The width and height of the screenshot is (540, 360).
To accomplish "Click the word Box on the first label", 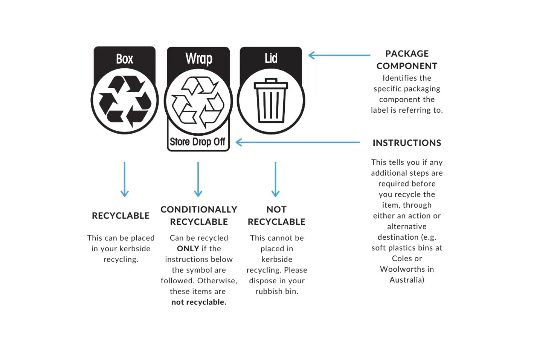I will (125, 59).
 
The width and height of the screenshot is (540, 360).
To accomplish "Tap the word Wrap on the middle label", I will (199, 58).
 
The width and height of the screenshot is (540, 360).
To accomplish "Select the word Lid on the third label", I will (271, 58).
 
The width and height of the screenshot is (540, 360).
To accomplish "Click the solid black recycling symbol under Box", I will (125, 101).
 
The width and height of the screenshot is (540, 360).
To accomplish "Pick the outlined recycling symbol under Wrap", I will (198, 102).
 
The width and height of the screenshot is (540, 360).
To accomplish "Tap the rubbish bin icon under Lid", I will (271, 100).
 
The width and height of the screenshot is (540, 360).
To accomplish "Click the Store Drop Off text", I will (198, 142).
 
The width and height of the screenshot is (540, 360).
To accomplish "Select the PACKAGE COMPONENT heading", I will (407, 60).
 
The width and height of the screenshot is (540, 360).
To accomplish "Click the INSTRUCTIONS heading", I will (407, 143).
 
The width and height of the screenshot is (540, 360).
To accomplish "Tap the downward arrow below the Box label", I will (125, 179).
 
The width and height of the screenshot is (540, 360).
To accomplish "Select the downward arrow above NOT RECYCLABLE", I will (275, 179).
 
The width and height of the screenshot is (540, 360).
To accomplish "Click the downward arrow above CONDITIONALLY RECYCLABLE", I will (198, 179).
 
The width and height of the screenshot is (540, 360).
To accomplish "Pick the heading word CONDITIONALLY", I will (199, 210).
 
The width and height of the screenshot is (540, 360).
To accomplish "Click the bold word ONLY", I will (188, 248).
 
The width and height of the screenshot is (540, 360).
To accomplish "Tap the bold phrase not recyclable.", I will (199, 302).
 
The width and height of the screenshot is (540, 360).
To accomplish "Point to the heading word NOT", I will (276, 210).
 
